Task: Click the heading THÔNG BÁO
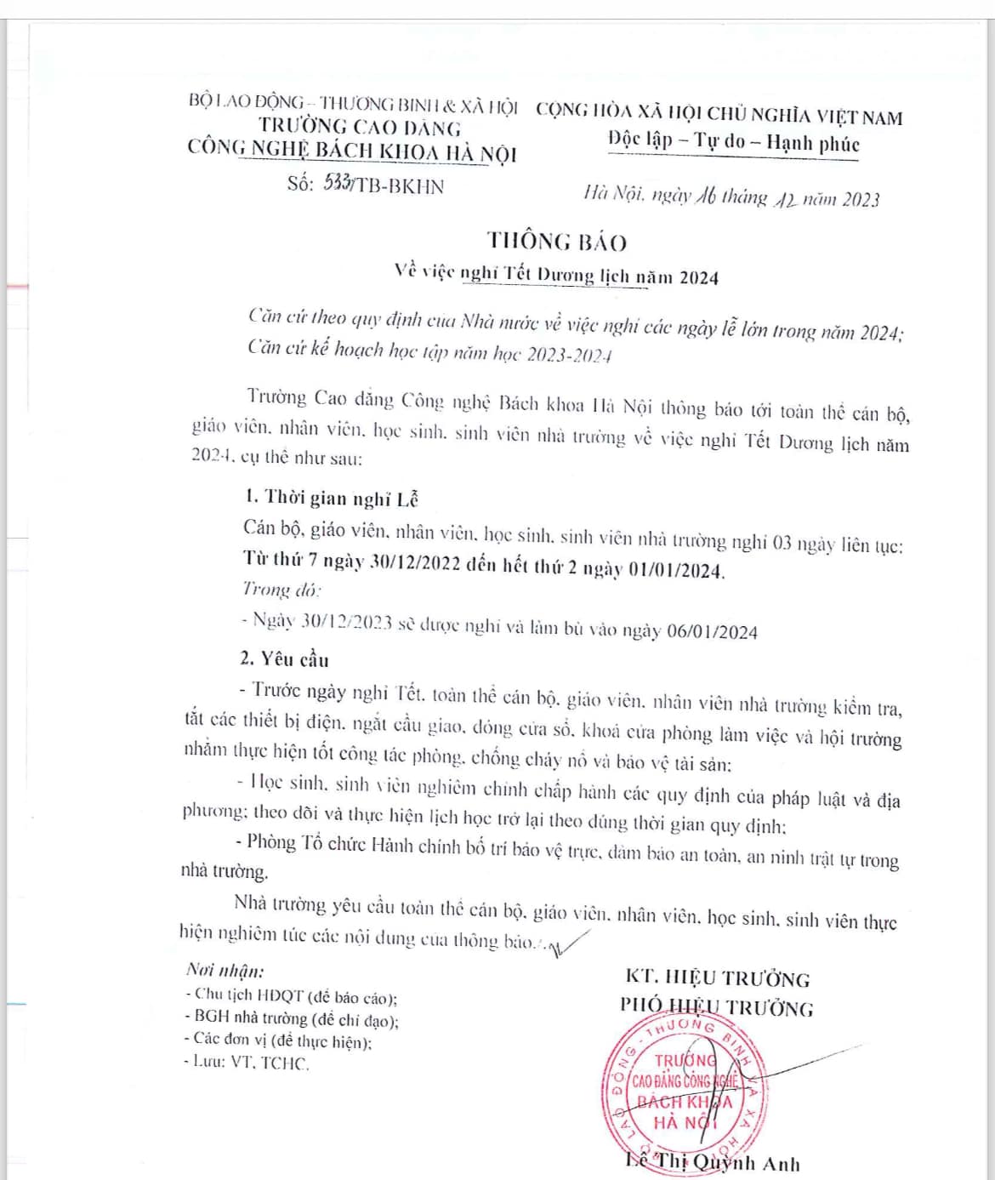pyautogui.click(x=557, y=242)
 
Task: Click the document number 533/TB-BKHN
pyautogui.click(x=383, y=185)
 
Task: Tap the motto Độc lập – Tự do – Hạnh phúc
pyautogui.click(x=733, y=141)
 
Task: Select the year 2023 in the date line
pyautogui.click(x=860, y=200)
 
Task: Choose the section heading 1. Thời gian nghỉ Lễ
pyautogui.click(x=331, y=498)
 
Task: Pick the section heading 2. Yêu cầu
pyautogui.click(x=284, y=658)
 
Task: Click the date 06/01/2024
pyautogui.click(x=712, y=631)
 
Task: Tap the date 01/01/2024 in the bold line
pyautogui.click(x=675, y=570)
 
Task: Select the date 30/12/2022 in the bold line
pyautogui.click(x=415, y=562)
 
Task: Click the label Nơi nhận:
pyautogui.click(x=225, y=970)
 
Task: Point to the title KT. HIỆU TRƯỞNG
pyautogui.click(x=718, y=978)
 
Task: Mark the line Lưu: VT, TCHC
pyautogui.click(x=247, y=1062)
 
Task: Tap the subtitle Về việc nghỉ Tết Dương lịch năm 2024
pyautogui.click(x=556, y=275)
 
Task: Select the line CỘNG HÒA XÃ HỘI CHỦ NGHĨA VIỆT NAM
pyautogui.click(x=719, y=113)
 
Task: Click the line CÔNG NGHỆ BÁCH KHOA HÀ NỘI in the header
pyautogui.click(x=352, y=151)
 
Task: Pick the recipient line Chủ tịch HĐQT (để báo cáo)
pyautogui.click(x=292, y=995)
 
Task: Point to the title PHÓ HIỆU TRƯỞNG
pyautogui.click(x=716, y=1007)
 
